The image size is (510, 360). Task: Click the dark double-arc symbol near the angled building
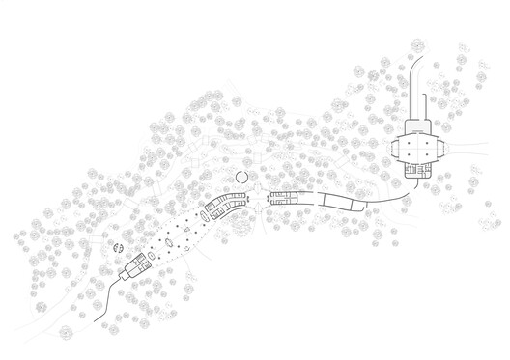[x=117, y=248]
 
